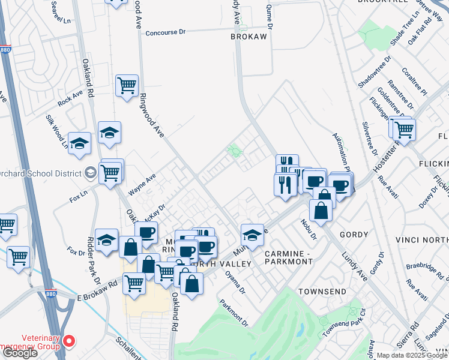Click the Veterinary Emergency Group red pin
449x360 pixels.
tap(69, 341)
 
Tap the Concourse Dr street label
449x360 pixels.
tap(167, 32)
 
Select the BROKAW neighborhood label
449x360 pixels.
tap(249, 37)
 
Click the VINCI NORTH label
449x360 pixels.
tap(422, 239)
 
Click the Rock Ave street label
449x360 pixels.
tap(70, 97)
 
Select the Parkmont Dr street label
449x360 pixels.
tap(233, 313)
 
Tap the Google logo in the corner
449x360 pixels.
tap(20, 353)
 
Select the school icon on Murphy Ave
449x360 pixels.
tap(253, 235)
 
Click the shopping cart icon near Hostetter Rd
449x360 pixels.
tap(405, 128)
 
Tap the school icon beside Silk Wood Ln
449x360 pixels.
tap(79, 144)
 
